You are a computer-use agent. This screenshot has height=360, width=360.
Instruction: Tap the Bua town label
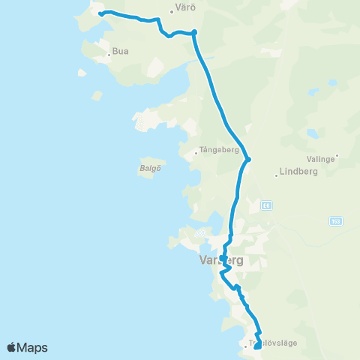120,52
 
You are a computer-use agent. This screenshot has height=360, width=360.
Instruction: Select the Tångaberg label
220,150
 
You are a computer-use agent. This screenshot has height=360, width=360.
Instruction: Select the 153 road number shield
336,220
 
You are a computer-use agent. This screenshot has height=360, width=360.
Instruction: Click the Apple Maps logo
28,347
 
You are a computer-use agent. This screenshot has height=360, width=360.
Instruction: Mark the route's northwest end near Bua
100,13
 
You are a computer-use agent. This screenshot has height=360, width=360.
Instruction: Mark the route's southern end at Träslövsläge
257,346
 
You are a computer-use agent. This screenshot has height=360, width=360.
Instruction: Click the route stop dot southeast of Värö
194,31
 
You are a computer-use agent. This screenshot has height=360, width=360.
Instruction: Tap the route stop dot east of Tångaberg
248,158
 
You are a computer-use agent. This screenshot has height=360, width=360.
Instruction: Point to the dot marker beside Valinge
337,156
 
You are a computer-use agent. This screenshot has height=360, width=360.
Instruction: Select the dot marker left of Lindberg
277,175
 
